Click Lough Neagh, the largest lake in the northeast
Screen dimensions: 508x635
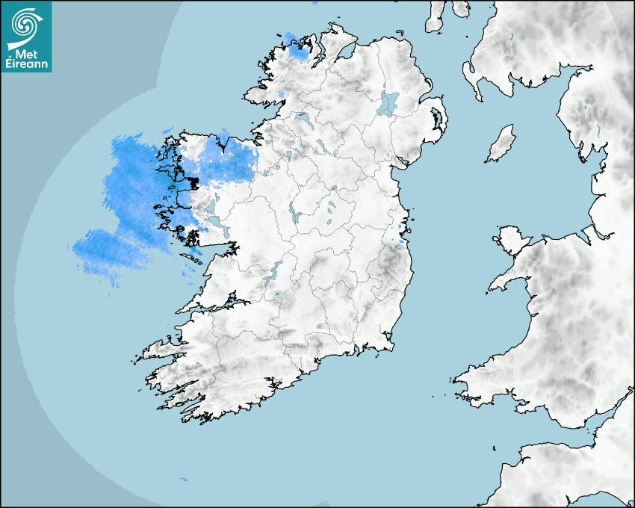pos(388,102)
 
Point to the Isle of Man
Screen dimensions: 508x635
pos(501,143)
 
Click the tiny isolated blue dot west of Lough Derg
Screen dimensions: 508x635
pos(276,294)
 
